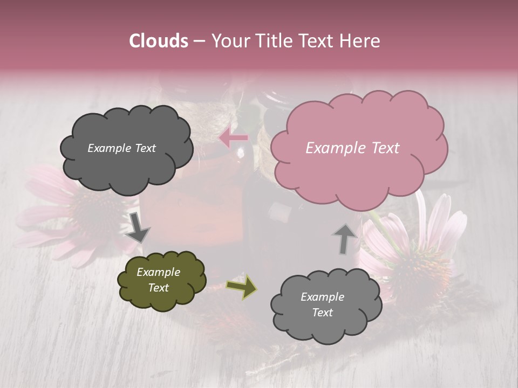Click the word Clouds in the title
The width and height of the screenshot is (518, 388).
pyautogui.click(x=159, y=41)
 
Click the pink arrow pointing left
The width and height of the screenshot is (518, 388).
pyautogui.click(x=234, y=138)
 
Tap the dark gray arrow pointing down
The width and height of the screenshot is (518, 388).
pyautogui.click(x=138, y=227)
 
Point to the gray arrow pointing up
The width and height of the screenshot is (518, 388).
pyautogui.click(x=344, y=238)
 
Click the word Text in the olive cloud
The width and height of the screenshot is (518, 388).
pyautogui.click(x=159, y=288)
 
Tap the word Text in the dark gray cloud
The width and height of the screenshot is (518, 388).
pyautogui.click(x=145, y=148)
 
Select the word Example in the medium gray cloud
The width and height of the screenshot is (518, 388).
pyautogui.click(x=322, y=297)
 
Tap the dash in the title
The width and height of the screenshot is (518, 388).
pyautogui.click(x=199, y=41)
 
